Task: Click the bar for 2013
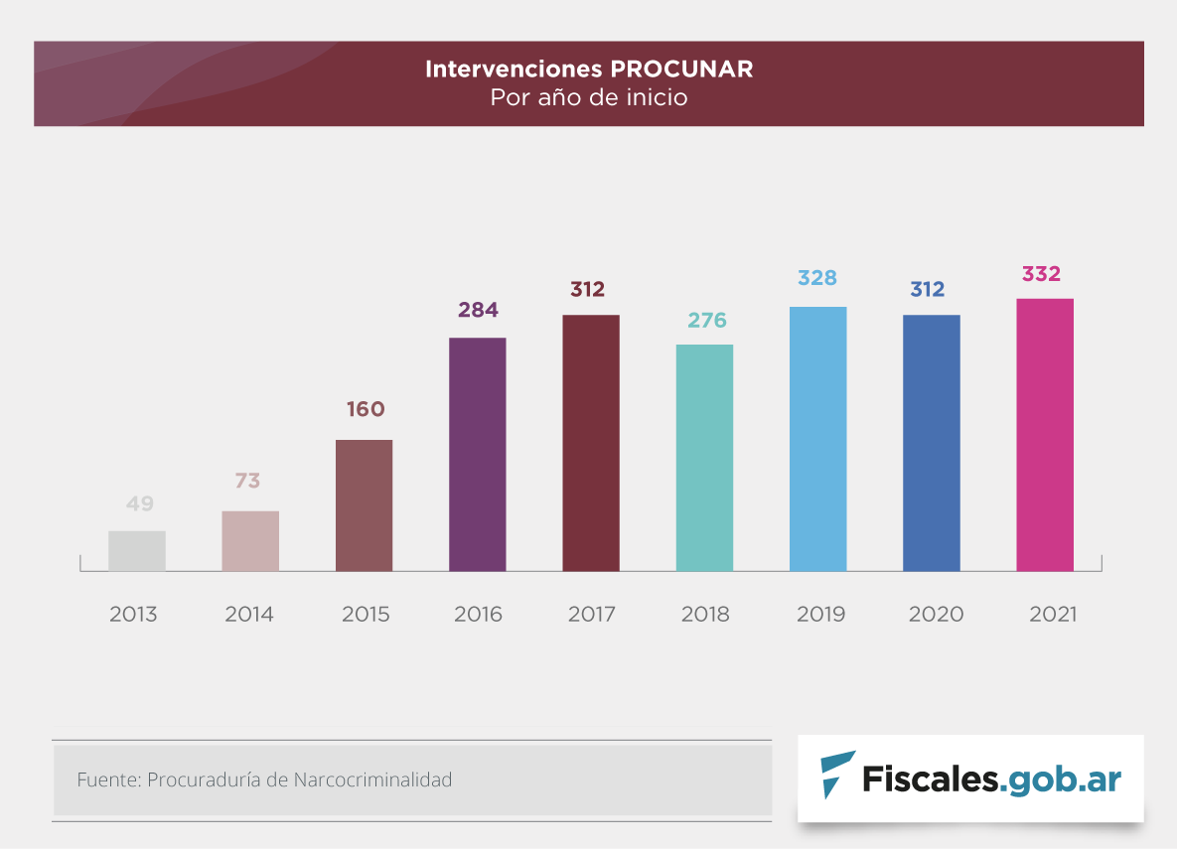point(137,551)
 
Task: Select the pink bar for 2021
point(1045,435)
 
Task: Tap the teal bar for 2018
point(704,458)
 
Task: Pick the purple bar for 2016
point(478,455)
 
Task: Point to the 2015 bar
point(364,505)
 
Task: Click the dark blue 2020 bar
point(932,443)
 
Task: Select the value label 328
point(817,278)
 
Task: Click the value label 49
point(140,503)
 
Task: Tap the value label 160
point(365,409)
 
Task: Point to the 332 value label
point(1042,274)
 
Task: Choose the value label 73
point(247,481)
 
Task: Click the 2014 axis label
point(249,614)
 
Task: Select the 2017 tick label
point(592,614)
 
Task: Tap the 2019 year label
point(821,614)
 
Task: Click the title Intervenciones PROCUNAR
point(589,70)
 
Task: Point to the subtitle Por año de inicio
point(589,98)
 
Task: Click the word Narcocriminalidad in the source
point(372,779)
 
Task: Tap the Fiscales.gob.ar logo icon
point(836,776)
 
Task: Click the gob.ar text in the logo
point(1063,778)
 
